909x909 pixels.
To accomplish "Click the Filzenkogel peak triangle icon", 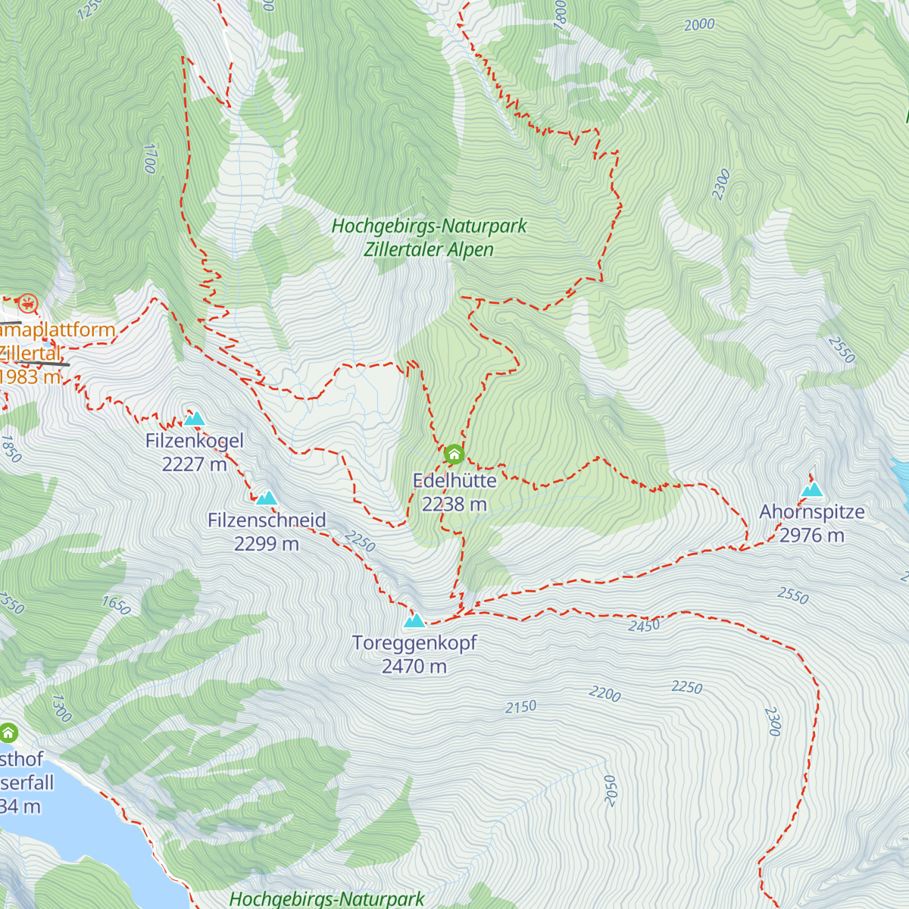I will (195, 419).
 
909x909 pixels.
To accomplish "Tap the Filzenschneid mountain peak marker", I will (267, 498).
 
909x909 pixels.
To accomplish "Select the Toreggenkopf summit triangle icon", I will (414, 621).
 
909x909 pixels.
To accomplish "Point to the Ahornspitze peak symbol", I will (812, 490).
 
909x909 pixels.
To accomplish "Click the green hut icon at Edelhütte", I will (454, 454).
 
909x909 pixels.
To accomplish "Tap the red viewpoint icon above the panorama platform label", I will (28, 305).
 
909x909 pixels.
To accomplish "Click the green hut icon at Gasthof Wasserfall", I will (8, 733).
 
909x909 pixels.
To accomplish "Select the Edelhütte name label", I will (454, 481).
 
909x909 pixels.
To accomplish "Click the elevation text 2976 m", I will (811, 536).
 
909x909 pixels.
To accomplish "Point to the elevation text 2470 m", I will (414, 667).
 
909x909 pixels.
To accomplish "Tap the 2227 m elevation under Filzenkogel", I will (195, 464).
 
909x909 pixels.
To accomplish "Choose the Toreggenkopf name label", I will (414, 643).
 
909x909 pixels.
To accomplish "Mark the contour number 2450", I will (644, 626).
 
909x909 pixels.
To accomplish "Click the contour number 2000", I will (699, 25).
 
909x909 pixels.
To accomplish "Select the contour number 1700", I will (150, 158).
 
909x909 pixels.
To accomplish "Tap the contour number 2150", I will (521, 707).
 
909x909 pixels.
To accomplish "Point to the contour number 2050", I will (611, 791).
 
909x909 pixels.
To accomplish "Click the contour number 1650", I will (116, 605).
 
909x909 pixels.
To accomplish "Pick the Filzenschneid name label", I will (267, 520).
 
